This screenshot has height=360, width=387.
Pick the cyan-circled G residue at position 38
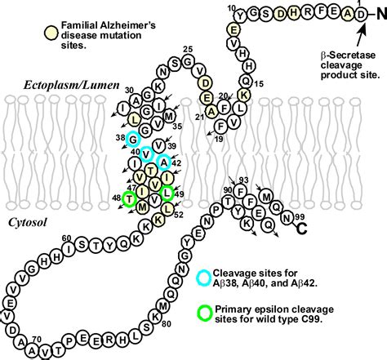pos(133,139)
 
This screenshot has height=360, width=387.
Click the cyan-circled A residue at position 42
pos(163,161)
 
